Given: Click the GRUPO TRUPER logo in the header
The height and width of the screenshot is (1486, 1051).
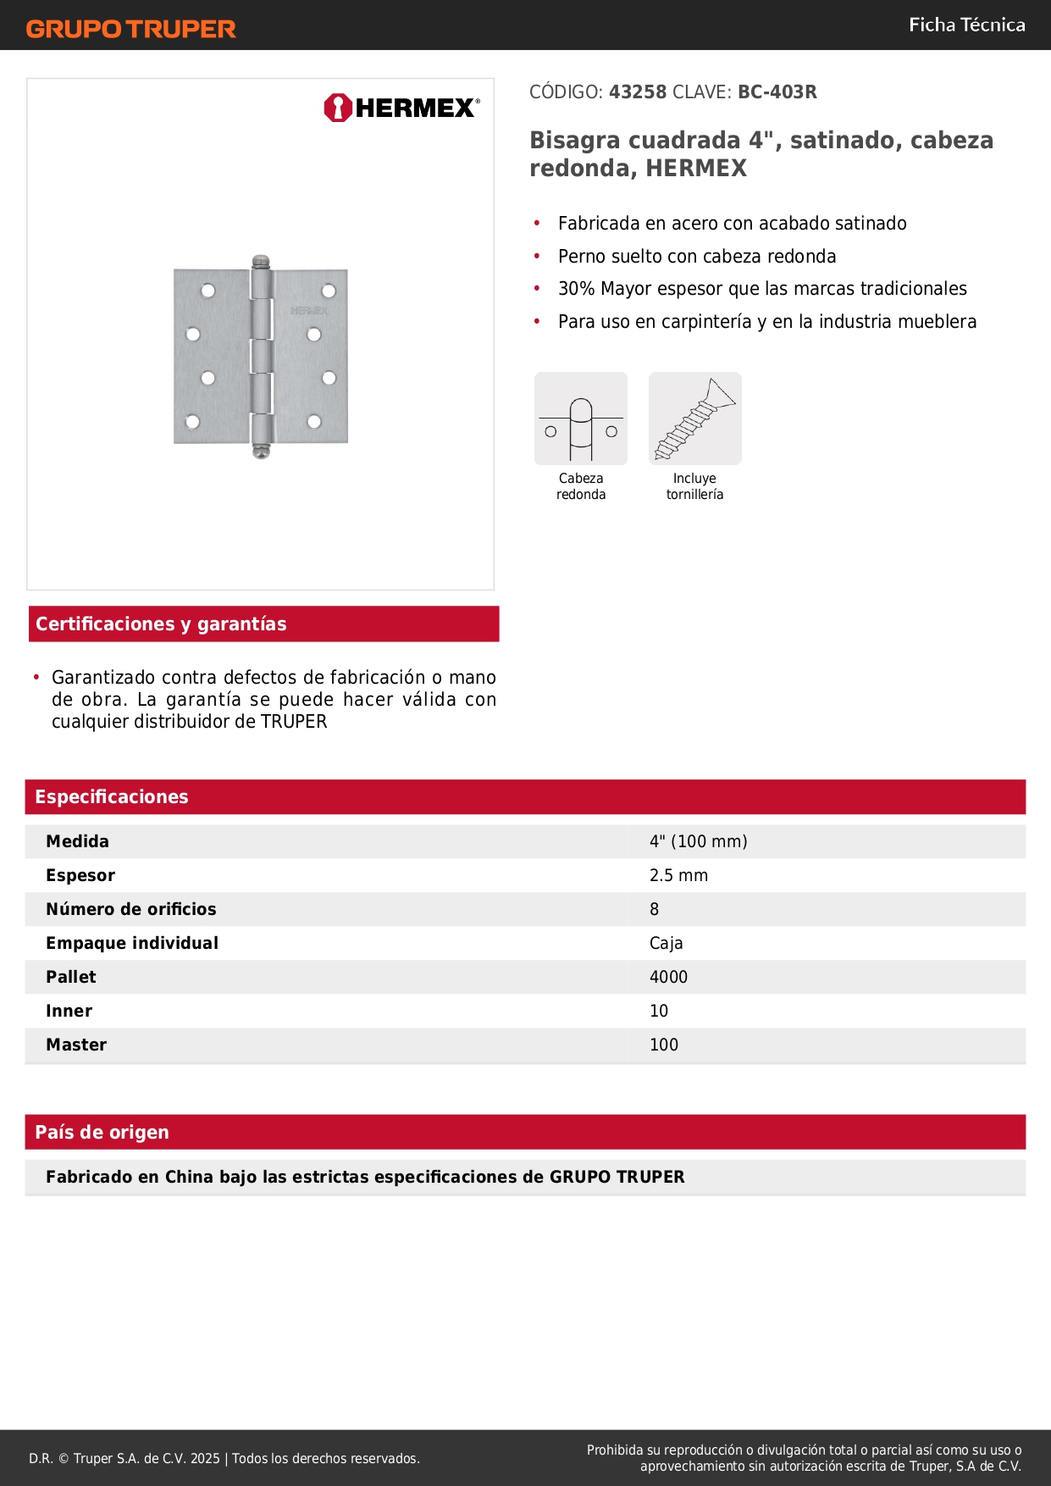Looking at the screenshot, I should click(130, 29).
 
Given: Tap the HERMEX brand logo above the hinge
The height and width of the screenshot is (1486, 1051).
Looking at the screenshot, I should click(401, 108).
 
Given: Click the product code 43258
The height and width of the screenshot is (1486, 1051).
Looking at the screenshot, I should click(638, 92).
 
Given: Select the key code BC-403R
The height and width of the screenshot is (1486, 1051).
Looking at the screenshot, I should click(777, 92).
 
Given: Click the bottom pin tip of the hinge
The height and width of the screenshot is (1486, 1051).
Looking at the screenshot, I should click(262, 452).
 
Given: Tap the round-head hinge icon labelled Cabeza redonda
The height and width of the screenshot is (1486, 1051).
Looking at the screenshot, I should click(581, 419).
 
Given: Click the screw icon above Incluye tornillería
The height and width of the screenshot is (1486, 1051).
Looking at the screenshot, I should click(694, 419).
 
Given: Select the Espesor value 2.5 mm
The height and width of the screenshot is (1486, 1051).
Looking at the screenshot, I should click(678, 875).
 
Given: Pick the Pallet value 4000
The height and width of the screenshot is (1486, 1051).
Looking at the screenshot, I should click(668, 977).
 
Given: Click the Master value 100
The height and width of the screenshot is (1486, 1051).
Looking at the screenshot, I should click(664, 1045).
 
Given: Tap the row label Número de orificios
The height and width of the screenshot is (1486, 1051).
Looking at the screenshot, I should click(131, 909).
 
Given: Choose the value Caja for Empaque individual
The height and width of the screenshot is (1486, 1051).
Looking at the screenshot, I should click(666, 943).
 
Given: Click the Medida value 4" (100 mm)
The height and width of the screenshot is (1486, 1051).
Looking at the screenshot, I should click(698, 841).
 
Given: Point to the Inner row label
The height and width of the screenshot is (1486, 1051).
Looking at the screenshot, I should click(69, 1011).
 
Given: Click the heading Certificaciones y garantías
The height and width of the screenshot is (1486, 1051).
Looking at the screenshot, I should click(161, 624).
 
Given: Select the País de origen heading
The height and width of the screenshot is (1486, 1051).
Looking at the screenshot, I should click(102, 1133).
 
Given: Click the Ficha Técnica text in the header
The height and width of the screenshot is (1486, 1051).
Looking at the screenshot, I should click(966, 25).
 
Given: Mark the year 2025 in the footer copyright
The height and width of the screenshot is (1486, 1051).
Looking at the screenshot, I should click(205, 1458).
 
